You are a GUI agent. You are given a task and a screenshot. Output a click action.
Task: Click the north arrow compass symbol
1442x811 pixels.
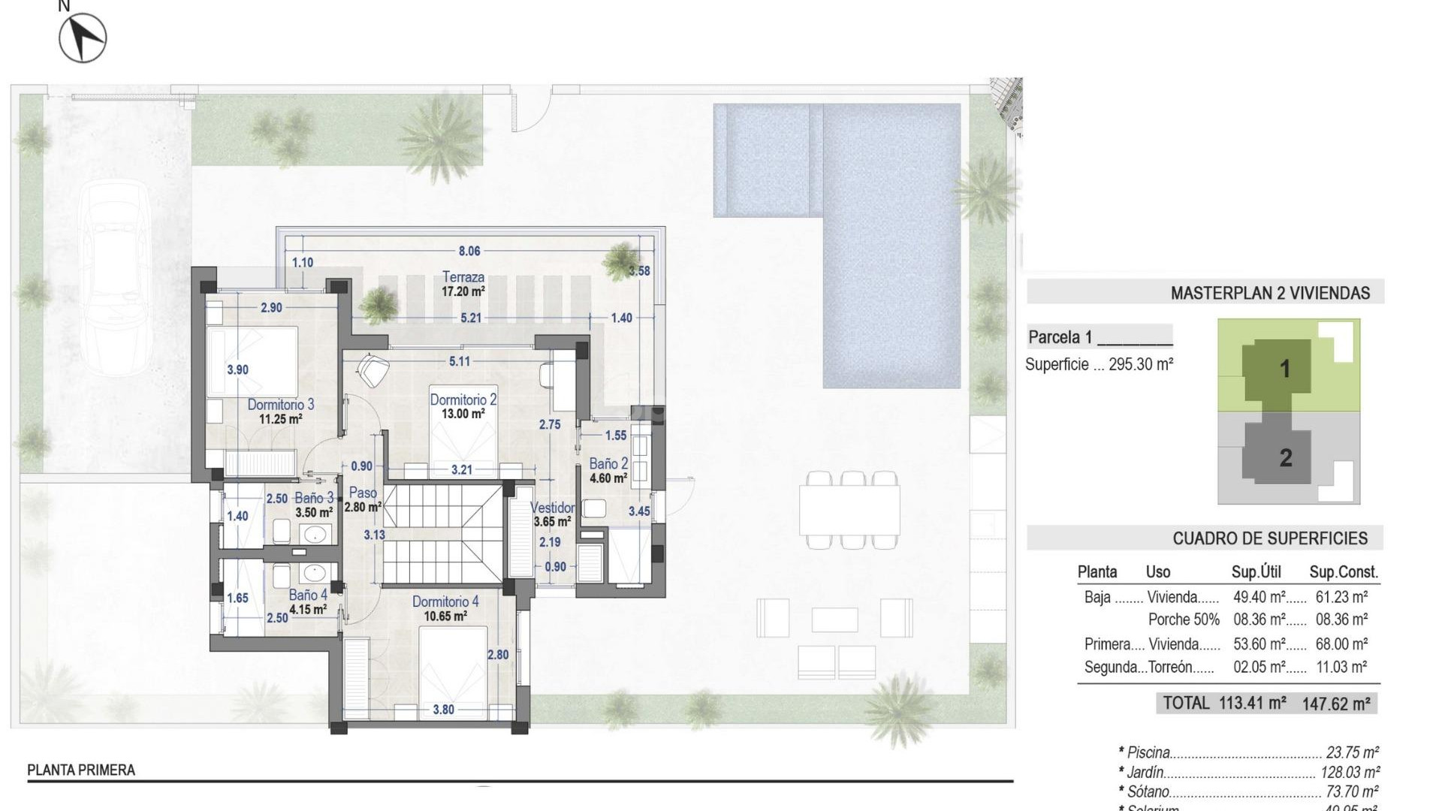(83, 38)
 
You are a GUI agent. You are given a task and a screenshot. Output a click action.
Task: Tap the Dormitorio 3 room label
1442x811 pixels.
(281, 405)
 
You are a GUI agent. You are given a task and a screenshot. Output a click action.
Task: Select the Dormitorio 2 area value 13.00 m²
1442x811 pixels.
(463, 414)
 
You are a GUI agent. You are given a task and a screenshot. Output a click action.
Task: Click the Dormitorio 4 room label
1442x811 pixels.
(445, 601)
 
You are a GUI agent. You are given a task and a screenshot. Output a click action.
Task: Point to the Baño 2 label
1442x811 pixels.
(608, 464)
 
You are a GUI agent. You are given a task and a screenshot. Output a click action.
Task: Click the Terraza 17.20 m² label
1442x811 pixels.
(463, 284)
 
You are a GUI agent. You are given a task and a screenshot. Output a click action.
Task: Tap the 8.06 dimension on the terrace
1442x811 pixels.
(469, 251)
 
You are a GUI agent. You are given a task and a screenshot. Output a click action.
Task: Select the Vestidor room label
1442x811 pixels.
(553, 508)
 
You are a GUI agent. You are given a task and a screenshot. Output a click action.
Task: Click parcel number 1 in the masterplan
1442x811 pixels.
(1284, 369)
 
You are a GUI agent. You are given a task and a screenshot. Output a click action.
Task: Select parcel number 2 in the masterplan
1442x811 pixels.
(1285, 457)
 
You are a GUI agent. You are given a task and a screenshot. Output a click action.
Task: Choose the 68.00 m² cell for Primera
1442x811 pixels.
(1341, 644)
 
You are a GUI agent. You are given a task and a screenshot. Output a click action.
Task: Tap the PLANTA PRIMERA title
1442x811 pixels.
(81, 770)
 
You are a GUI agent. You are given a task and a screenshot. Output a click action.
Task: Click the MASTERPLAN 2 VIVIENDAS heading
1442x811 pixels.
(1270, 293)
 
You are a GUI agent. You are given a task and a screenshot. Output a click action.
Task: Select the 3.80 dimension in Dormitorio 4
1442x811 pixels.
(443, 709)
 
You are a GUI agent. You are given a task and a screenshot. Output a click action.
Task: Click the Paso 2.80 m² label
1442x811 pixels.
(363, 499)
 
